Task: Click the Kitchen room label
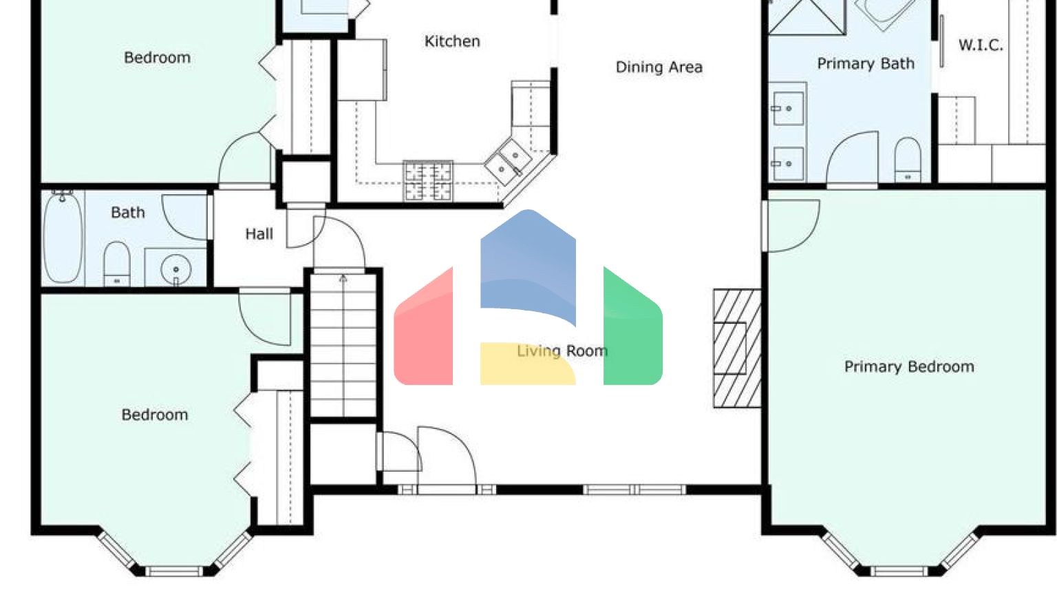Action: pyautogui.click(x=452, y=41)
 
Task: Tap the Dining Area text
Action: pyautogui.click(x=659, y=67)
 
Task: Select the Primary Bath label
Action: pyautogui.click(x=866, y=63)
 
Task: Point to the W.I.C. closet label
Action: pyautogui.click(x=981, y=45)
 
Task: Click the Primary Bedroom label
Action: pyautogui.click(x=909, y=366)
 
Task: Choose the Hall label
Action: pyautogui.click(x=259, y=234)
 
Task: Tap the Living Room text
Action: pyautogui.click(x=562, y=351)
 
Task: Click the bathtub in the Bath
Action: pyautogui.click(x=63, y=238)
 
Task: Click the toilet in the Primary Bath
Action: pyautogui.click(x=908, y=160)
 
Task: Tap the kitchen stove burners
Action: pyautogui.click(x=428, y=181)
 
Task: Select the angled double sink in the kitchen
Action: pyautogui.click(x=508, y=162)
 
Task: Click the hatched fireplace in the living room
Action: pyautogui.click(x=736, y=348)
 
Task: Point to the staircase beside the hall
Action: pyautogui.click(x=343, y=344)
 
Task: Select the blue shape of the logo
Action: pyautogui.click(x=528, y=265)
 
